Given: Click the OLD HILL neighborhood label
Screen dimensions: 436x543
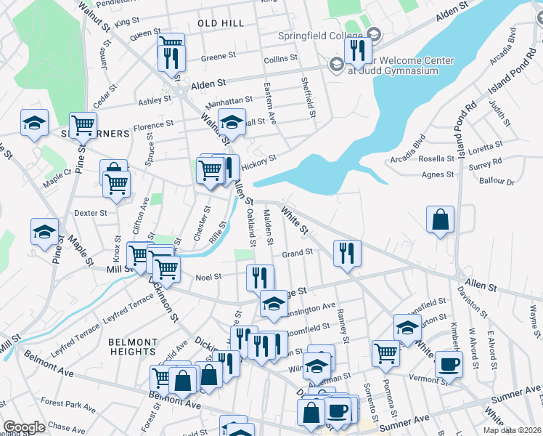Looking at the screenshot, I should (x=221, y=23).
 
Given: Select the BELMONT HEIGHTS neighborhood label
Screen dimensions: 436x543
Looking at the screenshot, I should (x=133, y=347).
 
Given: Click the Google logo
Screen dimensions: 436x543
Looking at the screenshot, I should (x=24, y=427).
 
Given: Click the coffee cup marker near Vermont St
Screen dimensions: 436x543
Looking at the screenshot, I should (x=449, y=363).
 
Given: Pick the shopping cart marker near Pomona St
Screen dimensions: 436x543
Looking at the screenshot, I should (x=385, y=353).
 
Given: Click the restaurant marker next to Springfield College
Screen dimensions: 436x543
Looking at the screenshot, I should (x=358, y=49).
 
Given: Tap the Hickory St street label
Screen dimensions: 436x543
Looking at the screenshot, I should (x=259, y=159).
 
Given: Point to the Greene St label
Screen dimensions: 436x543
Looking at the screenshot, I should (x=219, y=55).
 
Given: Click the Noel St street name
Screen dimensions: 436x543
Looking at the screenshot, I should (x=208, y=277).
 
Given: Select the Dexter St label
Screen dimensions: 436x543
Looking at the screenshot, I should (x=91, y=213).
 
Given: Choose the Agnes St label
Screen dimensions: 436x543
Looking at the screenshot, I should (x=438, y=174).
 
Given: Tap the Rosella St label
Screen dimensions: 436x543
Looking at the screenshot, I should (x=436, y=159).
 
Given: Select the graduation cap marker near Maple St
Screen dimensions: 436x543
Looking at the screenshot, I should (x=44, y=231).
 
